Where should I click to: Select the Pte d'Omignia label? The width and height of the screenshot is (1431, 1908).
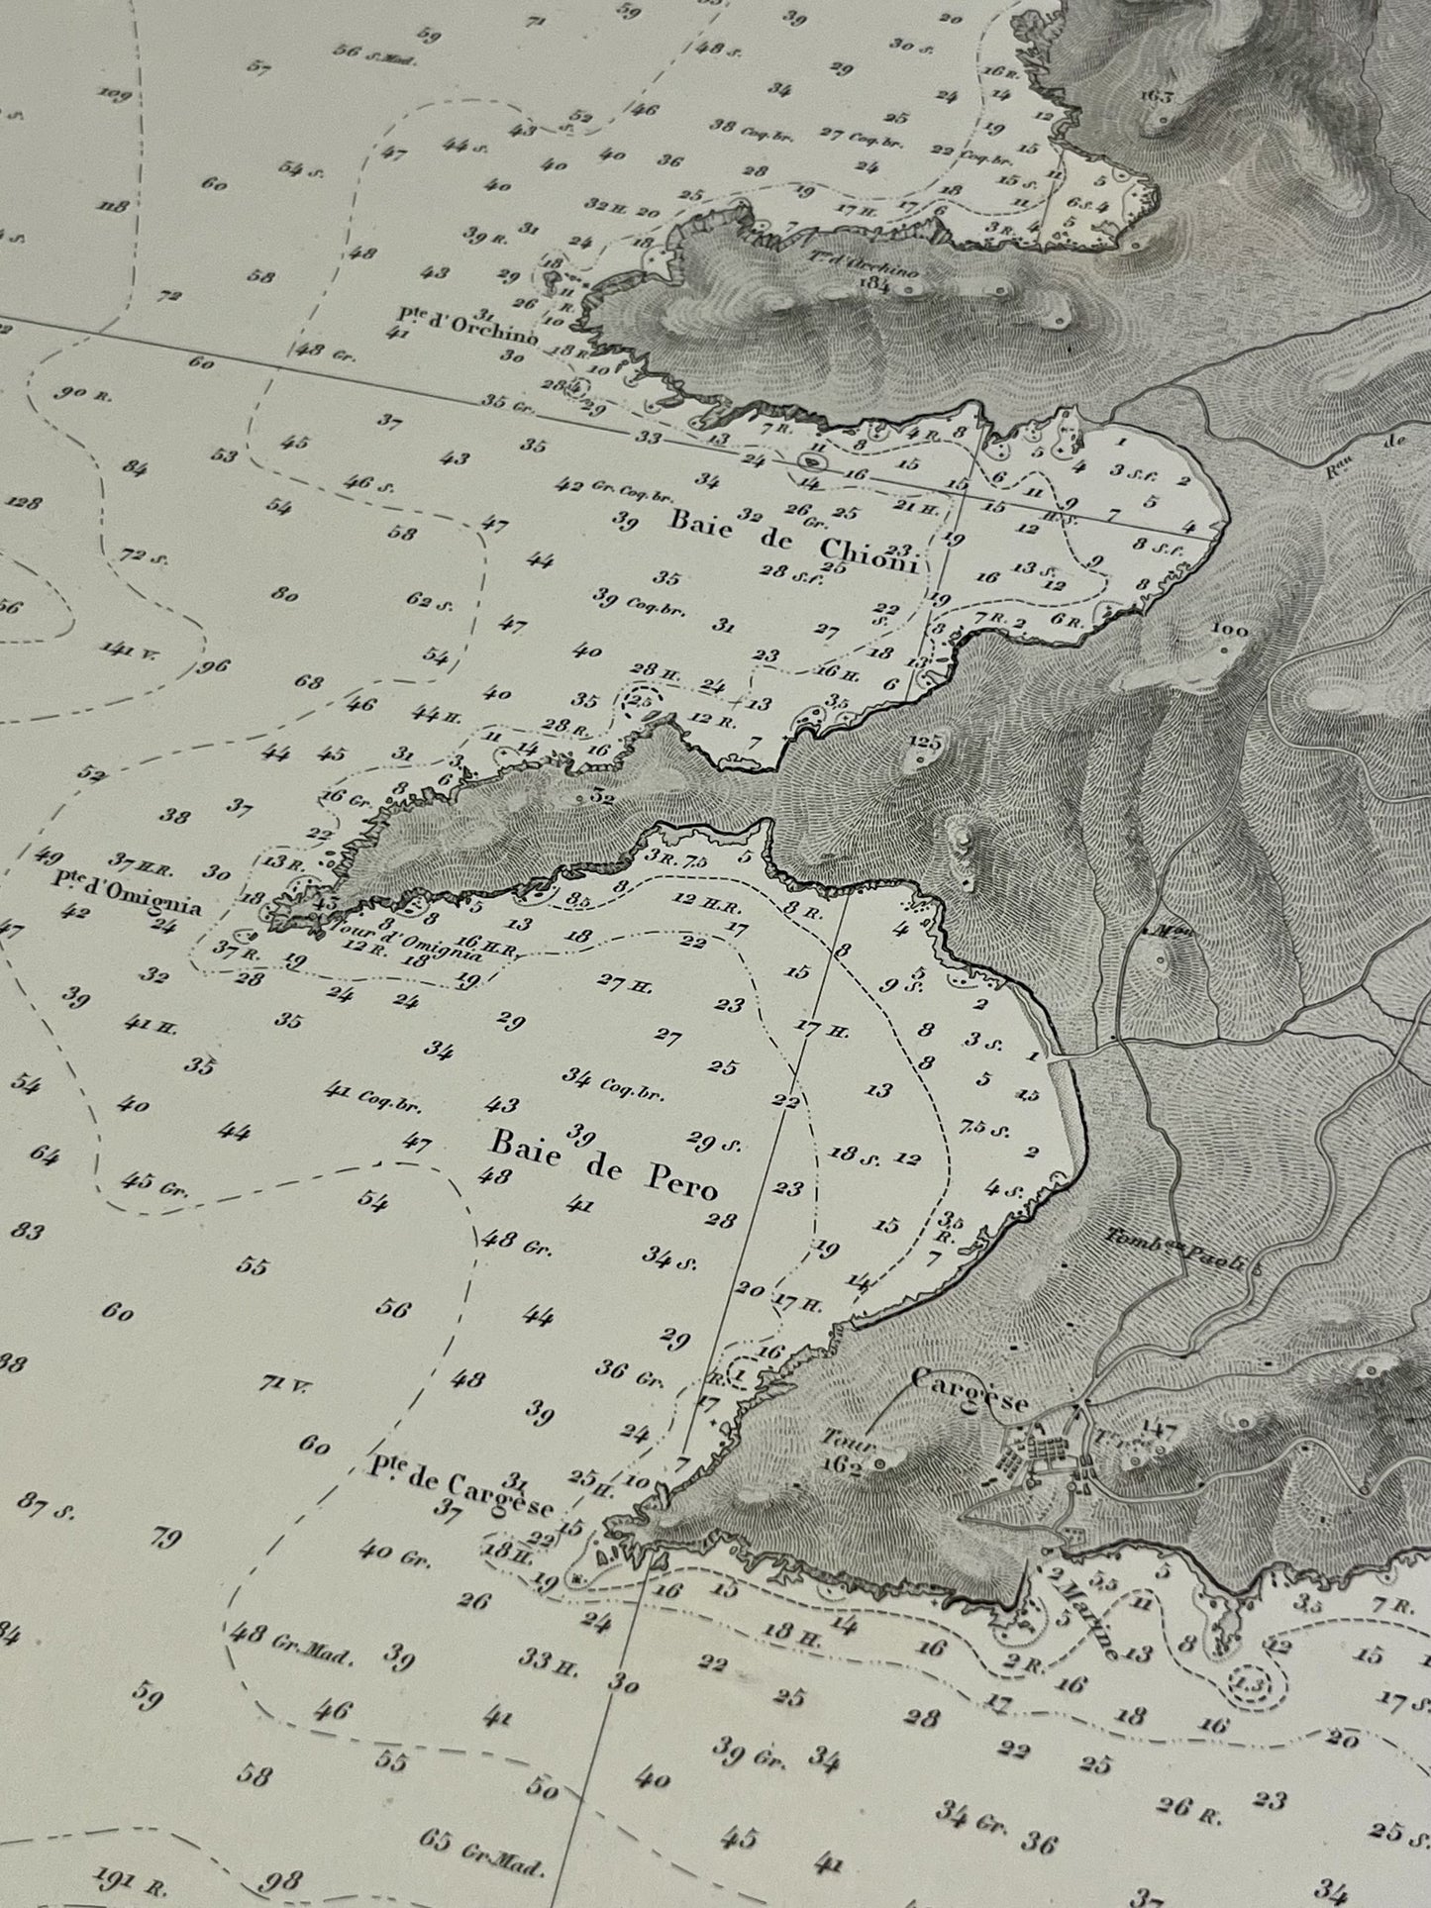coord(129,894)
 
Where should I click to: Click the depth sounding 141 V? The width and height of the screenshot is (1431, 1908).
coord(124,650)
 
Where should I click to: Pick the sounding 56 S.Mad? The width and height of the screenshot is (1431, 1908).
coord(374,55)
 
